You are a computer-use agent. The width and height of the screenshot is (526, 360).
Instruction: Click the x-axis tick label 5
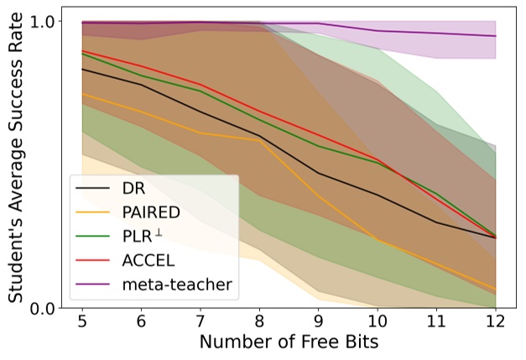(82, 324)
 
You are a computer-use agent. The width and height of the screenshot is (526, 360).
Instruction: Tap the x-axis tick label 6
(142, 324)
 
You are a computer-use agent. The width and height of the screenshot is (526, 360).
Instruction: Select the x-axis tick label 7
(201, 324)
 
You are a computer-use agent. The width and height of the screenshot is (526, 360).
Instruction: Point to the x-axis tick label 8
(260, 324)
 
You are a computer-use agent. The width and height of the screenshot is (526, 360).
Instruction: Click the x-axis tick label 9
(319, 324)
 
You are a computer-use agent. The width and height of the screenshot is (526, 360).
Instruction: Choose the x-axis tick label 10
(378, 324)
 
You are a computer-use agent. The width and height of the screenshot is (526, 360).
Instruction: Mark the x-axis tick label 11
(436, 324)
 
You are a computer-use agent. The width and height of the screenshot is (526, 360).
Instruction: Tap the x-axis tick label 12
(496, 324)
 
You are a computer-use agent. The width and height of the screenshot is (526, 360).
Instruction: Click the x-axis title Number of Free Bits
(289, 344)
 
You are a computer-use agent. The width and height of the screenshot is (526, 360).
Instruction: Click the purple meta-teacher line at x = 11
(436, 34)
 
